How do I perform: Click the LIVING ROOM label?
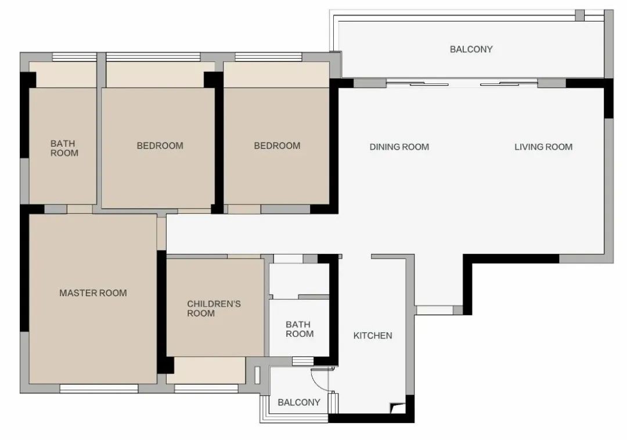[543, 147]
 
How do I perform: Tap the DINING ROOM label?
[399, 147]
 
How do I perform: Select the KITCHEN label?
[373, 336]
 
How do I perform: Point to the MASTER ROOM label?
[93, 293]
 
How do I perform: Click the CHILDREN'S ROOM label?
[214, 308]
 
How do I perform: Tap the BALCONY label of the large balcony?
[471, 49]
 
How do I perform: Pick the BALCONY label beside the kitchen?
[299, 402]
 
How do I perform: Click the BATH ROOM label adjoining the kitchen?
[300, 329]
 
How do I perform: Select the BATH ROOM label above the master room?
[64, 148]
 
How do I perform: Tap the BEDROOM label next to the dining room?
[277, 146]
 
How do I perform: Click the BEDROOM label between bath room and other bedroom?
[160, 146]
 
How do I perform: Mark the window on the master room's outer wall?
[99, 388]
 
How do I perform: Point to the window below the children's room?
[206, 388]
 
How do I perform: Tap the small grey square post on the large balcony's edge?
[579, 15]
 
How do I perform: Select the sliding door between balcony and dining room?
[417, 84]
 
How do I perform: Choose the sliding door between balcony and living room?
[509, 84]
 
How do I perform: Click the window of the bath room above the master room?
[74, 57]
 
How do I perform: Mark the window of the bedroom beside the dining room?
[268, 57]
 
